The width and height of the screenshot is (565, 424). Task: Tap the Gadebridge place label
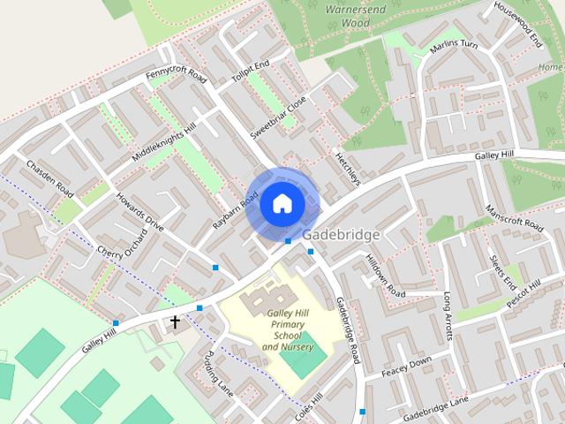pyautogui.click(x=341, y=235)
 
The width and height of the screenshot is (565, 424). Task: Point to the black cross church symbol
pyautogui.click(x=175, y=322)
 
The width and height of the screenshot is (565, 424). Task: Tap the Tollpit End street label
pyautogui.click(x=251, y=69)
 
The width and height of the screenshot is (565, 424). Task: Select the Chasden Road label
pyautogui.click(x=49, y=178)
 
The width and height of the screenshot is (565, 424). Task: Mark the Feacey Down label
pyautogui.click(x=407, y=367)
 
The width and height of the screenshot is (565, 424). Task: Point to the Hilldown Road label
pyautogui.click(x=384, y=276)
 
